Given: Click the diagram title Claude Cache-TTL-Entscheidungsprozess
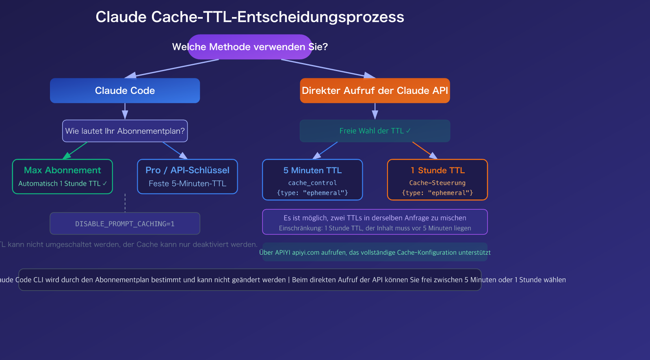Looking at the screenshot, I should click(249, 17).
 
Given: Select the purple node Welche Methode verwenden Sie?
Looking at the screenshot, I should click(249, 47).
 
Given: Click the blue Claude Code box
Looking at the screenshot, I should click(125, 91).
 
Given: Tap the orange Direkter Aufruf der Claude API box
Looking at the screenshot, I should click(375, 91).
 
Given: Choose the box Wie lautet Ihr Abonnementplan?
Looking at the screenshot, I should click(125, 131).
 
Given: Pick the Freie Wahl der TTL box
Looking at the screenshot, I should click(375, 131).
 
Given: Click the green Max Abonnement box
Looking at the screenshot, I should click(62, 176).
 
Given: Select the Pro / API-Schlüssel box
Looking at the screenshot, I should click(187, 176).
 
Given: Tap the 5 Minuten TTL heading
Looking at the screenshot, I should click(312, 170).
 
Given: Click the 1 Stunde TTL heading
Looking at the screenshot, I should click(438, 170).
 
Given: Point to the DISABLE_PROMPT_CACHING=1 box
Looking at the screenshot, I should click(125, 223).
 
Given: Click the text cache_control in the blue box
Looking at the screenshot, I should click(312, 183).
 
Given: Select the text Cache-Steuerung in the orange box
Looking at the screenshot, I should click(438, 183).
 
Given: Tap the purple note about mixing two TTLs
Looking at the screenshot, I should click(375, 222).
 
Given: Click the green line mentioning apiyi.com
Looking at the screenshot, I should click(375, 252).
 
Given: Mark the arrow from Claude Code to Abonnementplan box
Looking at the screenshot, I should click(125, 111).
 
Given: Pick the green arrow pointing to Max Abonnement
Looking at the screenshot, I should click(76, 150).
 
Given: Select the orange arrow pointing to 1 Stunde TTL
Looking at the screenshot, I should click(424, 150).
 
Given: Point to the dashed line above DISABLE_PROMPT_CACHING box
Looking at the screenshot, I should click(125, 203).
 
